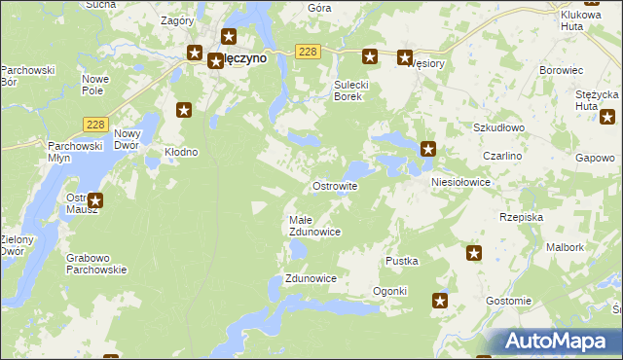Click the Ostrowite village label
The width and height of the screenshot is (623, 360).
point(334,185)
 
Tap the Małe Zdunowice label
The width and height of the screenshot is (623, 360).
point(314,226)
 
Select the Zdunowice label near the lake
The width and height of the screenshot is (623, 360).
point(311,278)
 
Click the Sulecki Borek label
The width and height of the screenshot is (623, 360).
point(348,90)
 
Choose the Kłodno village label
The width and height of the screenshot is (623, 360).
point(181,152)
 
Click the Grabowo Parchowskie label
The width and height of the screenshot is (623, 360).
point(96,264)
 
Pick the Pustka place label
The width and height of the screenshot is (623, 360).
point(402,261)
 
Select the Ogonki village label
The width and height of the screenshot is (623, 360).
point(389,291)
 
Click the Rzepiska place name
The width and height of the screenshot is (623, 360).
point(521,217)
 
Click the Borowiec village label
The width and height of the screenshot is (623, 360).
point(561,71)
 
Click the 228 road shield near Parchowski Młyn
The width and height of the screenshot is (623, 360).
point(94,124)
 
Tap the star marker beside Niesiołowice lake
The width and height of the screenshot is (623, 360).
point(427,149)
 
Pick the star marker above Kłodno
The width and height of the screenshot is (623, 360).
point(182,110)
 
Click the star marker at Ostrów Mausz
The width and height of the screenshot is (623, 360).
point(94,201)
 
